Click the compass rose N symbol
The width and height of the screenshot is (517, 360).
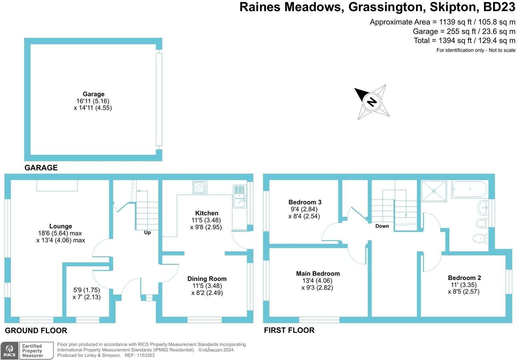[372, 102]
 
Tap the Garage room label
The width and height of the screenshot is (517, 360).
[94, 94]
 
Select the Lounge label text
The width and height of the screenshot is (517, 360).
[61, 226]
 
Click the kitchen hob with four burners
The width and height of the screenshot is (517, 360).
[200, 187]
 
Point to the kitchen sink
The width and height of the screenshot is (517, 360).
[240, 196]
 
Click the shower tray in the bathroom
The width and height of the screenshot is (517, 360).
[434, 191]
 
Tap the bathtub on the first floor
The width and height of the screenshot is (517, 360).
[470, 189]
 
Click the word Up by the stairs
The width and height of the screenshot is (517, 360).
[148, 232]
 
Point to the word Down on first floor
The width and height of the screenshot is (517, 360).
[382, 226]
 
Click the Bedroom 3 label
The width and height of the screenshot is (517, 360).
[305, 202]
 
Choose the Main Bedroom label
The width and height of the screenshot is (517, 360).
[318, 273]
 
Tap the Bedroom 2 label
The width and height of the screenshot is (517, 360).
[464, 278]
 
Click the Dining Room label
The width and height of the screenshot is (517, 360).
[207, 279]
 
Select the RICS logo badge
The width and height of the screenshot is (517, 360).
[9, 351]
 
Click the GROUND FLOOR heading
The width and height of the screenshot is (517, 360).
[36, 330]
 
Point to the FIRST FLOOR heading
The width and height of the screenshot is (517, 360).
[289, 330]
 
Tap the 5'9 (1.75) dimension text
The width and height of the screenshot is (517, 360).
[87, 290]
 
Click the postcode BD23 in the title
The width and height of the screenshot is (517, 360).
[499, 7]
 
